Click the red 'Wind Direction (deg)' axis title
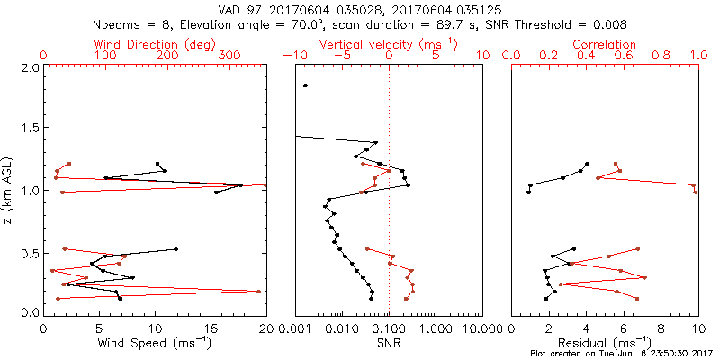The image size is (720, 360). point(155,44)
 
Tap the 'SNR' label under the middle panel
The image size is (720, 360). point(388,345)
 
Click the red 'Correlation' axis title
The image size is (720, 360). point(605,44)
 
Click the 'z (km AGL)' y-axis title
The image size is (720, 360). point(8,190)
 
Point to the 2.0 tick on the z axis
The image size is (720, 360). point(29,67)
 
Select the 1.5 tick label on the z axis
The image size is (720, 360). point(29,129)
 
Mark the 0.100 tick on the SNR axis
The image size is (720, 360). point(389,328)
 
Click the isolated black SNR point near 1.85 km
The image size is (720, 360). point(306,85)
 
